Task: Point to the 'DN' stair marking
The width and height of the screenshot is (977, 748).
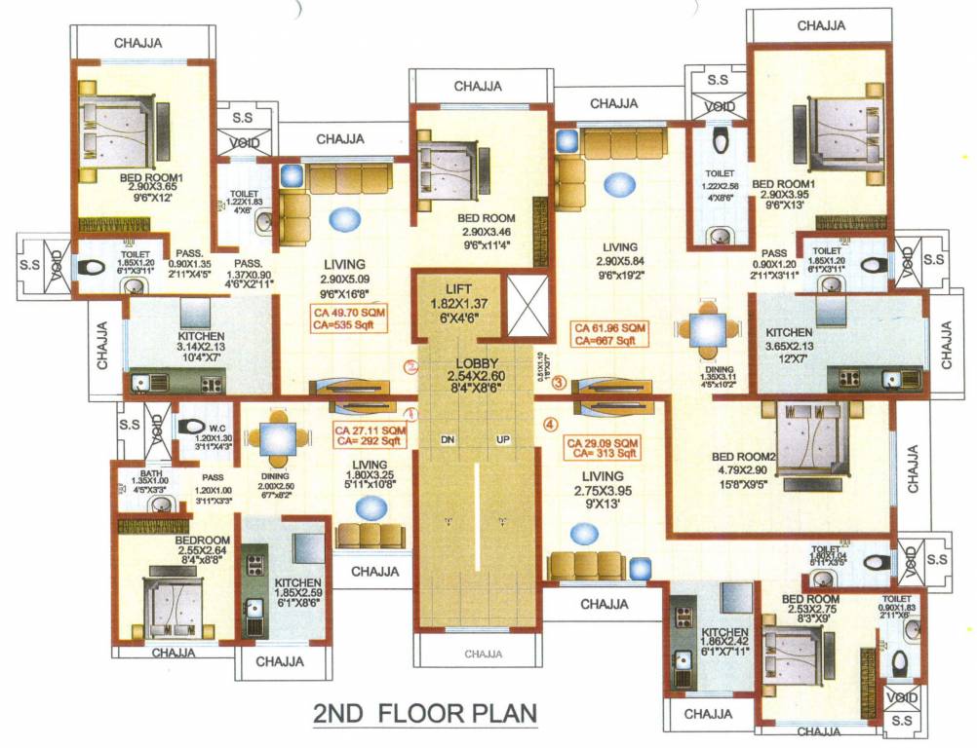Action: [x=449, y=440]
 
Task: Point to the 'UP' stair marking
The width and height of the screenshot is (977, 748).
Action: [x=504, y=440]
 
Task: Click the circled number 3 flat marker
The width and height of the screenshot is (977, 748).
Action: [x=559, y=384]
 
